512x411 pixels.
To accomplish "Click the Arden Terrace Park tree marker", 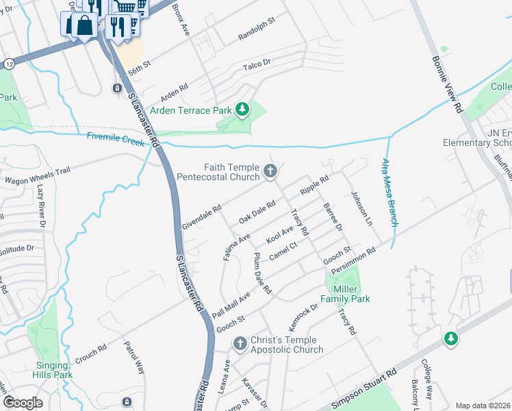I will coord(242,109).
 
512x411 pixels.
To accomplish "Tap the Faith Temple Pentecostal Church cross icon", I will coord(270,171).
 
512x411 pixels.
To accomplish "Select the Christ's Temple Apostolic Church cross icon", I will coord(240,343).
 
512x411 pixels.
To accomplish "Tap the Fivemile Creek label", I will coord(116,139).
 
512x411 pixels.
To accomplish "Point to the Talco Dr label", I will coord(257,66).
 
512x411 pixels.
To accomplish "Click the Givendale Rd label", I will coord(202,218).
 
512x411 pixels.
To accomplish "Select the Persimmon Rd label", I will coord(353,263).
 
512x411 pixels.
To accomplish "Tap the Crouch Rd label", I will coord(90,349).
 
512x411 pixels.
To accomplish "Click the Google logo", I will coord(23,403).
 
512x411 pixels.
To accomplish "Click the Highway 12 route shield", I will coord(9,63).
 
